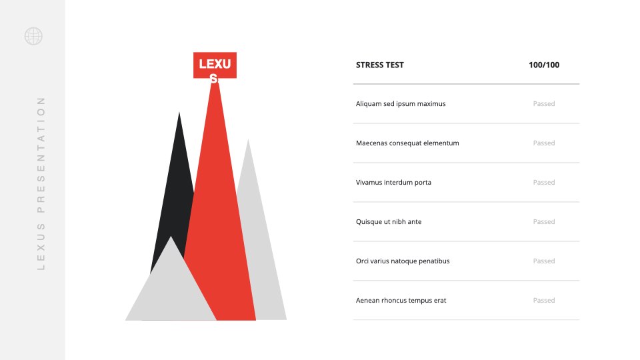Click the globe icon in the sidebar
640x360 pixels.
click(33, 36)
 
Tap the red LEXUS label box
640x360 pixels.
click(215, 65)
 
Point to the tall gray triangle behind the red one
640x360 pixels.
click(261, 245)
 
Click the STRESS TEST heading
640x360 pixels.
click(379, 65)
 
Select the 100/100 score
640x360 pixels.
click(544, 65)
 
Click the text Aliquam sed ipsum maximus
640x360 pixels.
click(401, 104)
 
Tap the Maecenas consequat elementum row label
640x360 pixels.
click(407, 143)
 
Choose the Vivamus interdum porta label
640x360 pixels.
click(393, 183)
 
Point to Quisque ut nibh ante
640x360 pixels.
click(389, 221)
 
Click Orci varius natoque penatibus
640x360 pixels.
click(403, 261)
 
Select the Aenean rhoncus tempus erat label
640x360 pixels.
click(401, 301)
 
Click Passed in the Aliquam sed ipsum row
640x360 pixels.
click(544, 104)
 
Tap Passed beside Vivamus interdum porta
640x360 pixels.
click(544, 183)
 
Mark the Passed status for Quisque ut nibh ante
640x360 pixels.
click(544, 221)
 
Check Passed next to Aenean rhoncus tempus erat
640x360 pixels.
click(544, 301)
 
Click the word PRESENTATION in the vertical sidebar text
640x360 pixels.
click(41, 155)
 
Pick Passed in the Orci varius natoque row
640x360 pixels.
click(544, 261)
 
